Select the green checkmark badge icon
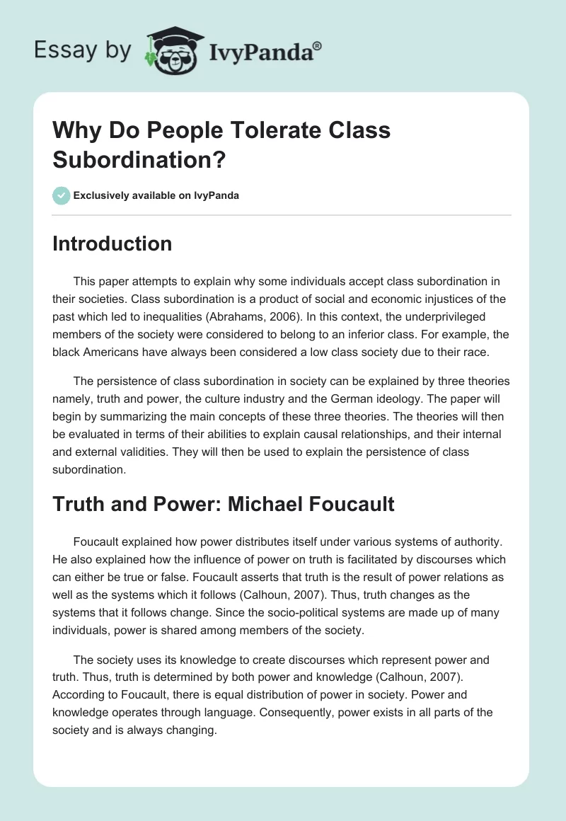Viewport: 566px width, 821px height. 62,195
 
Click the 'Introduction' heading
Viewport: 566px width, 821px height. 112,243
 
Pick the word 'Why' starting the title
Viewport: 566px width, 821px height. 72,130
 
